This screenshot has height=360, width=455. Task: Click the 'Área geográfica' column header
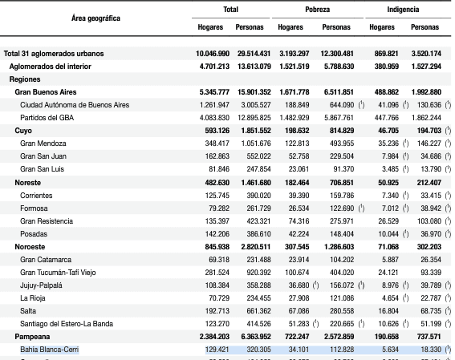coord(95,18)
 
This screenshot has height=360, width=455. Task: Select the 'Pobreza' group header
coord(318,10)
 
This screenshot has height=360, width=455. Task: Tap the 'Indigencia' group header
coord(403,10)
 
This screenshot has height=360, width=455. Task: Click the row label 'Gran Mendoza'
coord(43,144)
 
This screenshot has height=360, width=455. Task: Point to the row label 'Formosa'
coord(34,208)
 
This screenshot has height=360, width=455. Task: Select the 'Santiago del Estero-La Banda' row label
coord(67,324)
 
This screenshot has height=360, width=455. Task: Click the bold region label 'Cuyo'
coord(23,131)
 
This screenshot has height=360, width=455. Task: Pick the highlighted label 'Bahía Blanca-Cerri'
coord(49,350)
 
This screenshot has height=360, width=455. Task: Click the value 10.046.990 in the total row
coord(213,54)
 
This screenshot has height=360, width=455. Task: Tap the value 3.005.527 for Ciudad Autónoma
coord(256,105)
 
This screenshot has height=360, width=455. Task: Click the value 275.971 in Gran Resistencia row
coord(342,221)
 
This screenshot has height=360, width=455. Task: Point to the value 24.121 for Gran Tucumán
coord(388,273)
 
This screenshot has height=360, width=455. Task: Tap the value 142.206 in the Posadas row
coord(217,234)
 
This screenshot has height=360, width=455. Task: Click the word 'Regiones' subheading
coord(25,79)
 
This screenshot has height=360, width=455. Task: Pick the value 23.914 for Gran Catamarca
coord(299,260)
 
